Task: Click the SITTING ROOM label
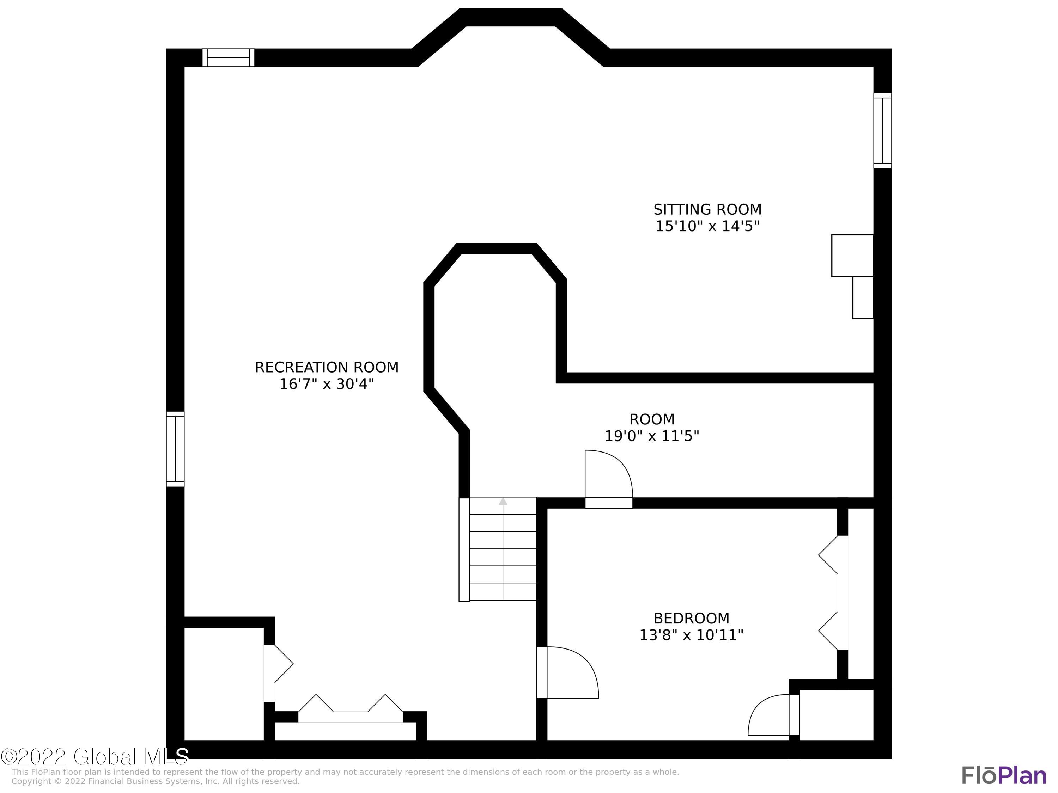(707, 209)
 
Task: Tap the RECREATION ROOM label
(326, 367)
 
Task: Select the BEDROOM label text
(691, 618)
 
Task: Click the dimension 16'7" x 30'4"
(326, 384)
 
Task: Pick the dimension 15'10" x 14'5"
(707, 226)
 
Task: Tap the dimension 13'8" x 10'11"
(691, 635)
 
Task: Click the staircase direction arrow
(503, 502)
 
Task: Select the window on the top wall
(228, 57)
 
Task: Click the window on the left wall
(175, 449)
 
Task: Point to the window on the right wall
(882, 130)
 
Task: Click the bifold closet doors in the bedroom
(832, 593)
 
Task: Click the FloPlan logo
(1003, 775)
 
